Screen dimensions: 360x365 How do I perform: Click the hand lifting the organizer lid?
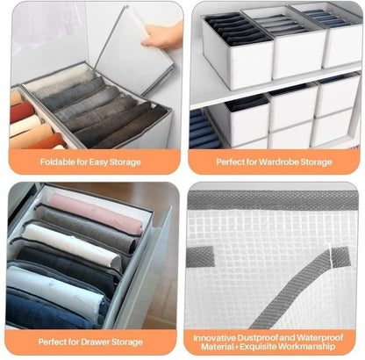pyautogui.click(x=160, y=35)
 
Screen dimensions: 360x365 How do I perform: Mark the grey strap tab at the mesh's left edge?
pyautogui.click(x=204, y=256)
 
